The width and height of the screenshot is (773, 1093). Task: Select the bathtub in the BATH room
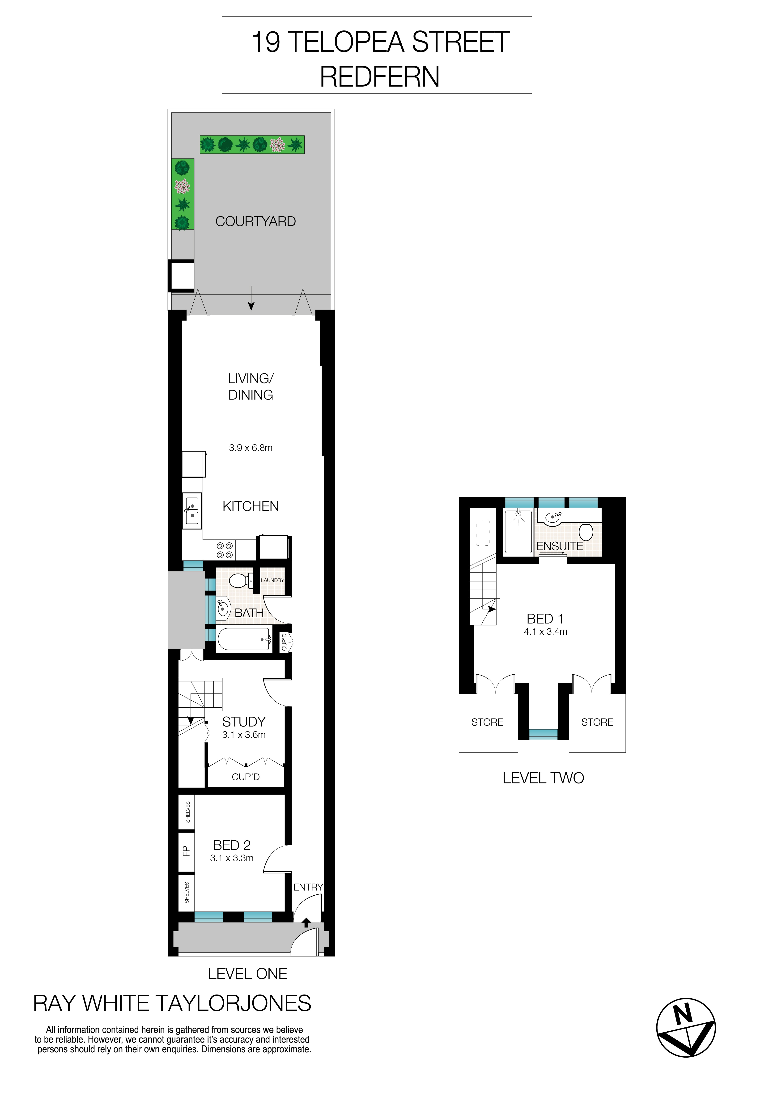pyautogui.click(x=244, y=639)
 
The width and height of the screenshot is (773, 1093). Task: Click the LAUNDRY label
pyautogui.click(x=272, y=580)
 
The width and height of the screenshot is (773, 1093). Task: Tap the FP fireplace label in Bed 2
pyautogui.click(x=186, y=851)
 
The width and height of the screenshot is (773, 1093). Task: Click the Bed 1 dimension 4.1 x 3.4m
pyautogui.click(x=545, y=632)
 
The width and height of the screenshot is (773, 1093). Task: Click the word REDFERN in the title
pyautogui.click(x=379, y=77)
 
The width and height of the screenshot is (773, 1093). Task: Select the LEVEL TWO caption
pyautogui.click(x=543, y=778)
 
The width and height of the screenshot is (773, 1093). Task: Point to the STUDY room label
pyautogui.click(x=244, y=722)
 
